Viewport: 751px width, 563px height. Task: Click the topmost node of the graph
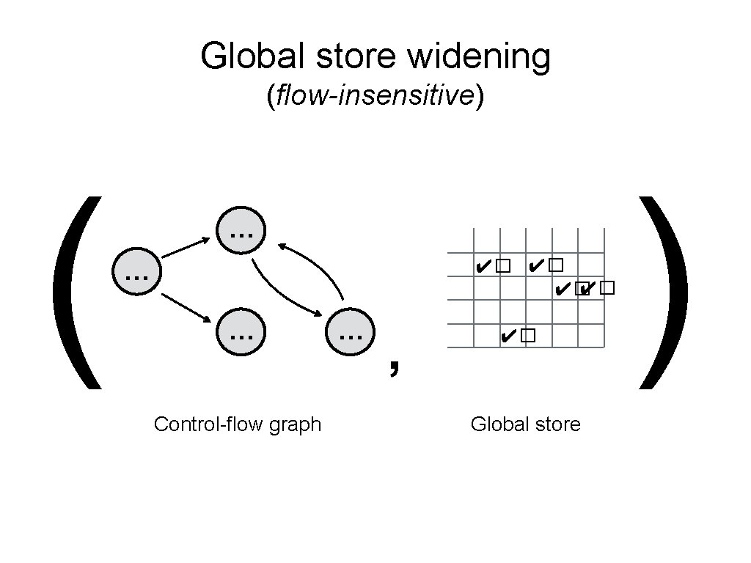pyautogui.click(x=241, y=232)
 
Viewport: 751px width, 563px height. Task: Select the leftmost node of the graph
pyautogui.click(x=136, y=274)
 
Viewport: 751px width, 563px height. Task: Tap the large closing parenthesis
pyautogui.click(x=664, y=292)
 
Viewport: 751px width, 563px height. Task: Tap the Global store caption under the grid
pyautogui.click(x=525, y=424)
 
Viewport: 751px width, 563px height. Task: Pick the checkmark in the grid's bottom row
pyautogui.click(x=506, y=336)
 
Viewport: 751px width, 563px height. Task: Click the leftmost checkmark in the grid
pyautogui.click(x=482, y=265)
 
